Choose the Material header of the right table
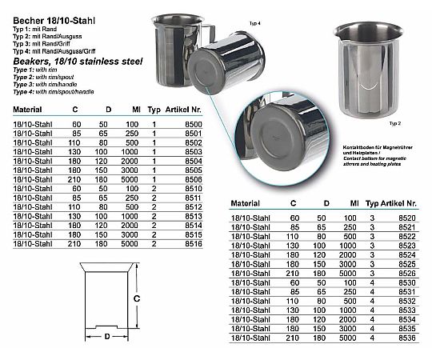click(248, 203)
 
